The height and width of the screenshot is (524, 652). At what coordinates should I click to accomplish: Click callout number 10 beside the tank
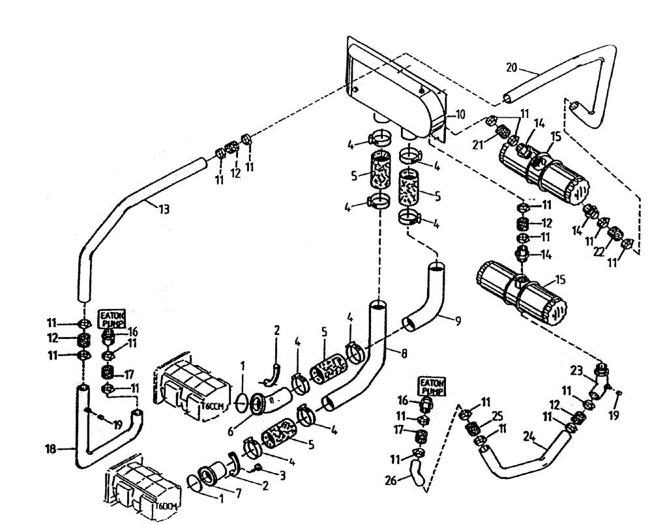coord(461,115)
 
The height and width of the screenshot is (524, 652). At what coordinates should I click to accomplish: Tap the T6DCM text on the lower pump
coord(166,506)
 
